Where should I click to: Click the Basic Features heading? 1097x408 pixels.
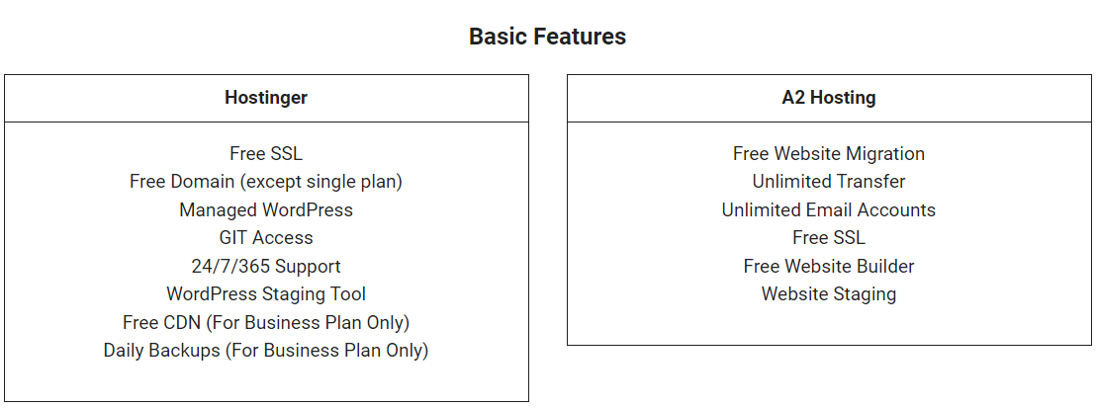(547, 37)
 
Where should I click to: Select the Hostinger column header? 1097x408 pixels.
(266, 98)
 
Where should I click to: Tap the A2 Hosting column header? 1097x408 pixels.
(829, 98)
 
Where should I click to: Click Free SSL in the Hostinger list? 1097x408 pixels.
(266, 154)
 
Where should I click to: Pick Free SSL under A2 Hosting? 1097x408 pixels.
(829, 238)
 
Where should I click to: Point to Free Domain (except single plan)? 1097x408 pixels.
(266, 182)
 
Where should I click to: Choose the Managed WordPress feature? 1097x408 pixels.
(266, 210)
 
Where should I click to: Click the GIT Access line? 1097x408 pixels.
(266, 238)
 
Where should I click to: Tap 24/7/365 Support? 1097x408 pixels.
(266, 267)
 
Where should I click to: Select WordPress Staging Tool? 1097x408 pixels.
(266, 294)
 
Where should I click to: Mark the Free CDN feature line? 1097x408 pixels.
(266, 323)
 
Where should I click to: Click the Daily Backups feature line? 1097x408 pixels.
(266, 351)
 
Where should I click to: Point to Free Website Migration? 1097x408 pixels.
(829, 154)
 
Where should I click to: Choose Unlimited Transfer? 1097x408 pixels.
(829, 182)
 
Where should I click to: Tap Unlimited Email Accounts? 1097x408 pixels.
(829, 210)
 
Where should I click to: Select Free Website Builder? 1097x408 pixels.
(829, 267)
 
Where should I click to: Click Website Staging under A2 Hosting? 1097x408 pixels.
(829, 294)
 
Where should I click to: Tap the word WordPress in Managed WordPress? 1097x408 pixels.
(308, 210)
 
